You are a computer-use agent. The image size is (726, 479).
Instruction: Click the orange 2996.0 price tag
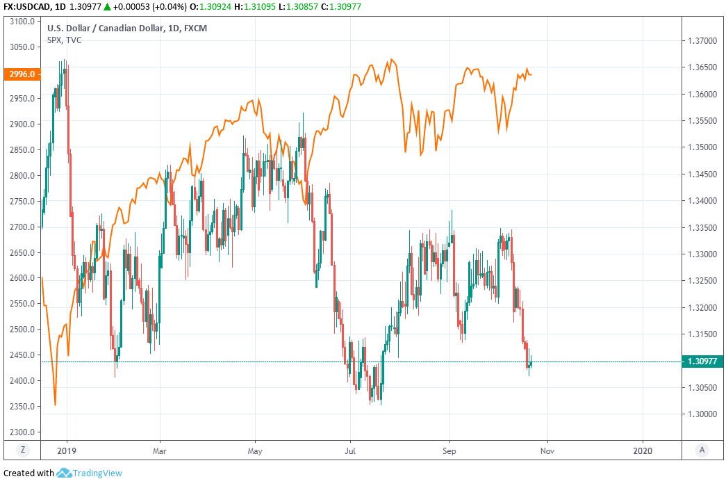20,73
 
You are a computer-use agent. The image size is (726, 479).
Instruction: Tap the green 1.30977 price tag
702,361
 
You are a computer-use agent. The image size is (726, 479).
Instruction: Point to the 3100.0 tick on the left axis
23,22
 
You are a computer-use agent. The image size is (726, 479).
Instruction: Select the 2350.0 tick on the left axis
23,406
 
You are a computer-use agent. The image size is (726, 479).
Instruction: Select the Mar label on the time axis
160,450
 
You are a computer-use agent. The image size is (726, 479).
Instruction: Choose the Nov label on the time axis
547,450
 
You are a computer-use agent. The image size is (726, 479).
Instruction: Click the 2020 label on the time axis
643,450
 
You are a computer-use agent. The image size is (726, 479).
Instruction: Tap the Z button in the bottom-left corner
23,450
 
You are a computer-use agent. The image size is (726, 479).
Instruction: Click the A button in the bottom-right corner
702,450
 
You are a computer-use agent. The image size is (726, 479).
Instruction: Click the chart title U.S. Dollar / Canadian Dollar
104,29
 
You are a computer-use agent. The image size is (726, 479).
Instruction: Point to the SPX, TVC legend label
64,40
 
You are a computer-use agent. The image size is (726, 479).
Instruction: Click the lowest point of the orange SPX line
55,405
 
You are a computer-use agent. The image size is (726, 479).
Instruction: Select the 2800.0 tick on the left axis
23,175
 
